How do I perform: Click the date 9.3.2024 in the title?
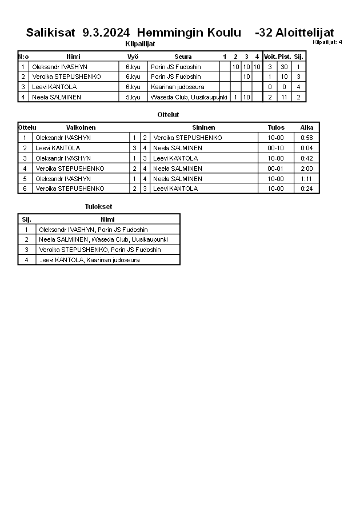(x=106, y=33)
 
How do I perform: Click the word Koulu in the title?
(x=217, y=33)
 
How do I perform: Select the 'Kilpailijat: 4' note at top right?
(x=327, y=42)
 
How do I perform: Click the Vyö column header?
(x=133, y=57)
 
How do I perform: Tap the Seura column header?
(x=183, y=57)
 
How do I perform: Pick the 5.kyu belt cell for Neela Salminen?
(x=133, y=97)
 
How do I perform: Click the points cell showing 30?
(x=284, y=67)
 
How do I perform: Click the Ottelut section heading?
(x=168, y=115)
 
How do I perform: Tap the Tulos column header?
(x=276, y=127)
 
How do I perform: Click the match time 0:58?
(x=307, y=138)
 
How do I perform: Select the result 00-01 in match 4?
(x=275, y=169)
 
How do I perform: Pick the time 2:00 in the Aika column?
(x=307, y=169)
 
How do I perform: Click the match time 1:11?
(x=307, y=179)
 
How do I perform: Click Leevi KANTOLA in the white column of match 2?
(x=58, y=148)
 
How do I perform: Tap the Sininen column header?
(x=203, y=127)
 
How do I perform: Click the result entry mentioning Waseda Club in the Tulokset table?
(x=103, y=239)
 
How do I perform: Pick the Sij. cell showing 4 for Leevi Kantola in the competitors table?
(x=298, y=87)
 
